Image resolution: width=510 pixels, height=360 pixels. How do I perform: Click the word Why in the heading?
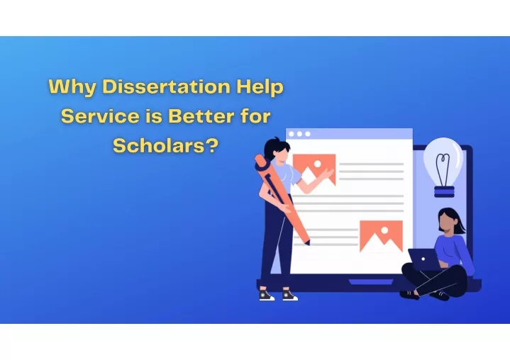click(x=72, y=87)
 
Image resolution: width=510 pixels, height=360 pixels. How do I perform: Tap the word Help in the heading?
click(x=260, y=87)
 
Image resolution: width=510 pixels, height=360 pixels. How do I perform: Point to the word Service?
click(x=100, y=116)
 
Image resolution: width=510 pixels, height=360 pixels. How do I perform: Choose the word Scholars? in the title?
click(x=165, y=145)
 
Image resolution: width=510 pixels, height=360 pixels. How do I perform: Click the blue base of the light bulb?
click(x=444, y=192)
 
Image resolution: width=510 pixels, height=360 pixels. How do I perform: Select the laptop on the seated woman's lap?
click(x=424, y=259)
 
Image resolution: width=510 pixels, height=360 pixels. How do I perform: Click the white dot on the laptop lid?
click(x=423, y=259)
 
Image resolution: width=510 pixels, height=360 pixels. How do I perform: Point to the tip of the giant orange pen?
click(x=308, y=243)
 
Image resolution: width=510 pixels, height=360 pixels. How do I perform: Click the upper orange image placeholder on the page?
click(x=314, y=169)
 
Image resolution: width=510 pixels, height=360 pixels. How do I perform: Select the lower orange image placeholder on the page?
click(x=381, y=236)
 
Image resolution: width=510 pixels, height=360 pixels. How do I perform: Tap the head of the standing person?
click(x=277, y=149)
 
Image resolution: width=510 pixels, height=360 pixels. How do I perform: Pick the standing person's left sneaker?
click(x=266, y=295)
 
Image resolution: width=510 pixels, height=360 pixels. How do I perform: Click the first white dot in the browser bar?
click(x=292, y=134)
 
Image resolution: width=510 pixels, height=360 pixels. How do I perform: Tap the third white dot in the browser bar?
click(x=308, y=134)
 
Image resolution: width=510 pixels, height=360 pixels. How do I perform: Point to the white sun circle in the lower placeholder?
click(x=384, y=230)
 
